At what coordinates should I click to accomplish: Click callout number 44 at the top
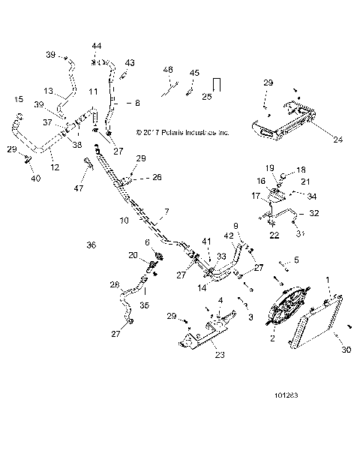pyautogui.click(x=96, y=46)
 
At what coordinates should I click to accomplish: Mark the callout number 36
pyautogui.click(x=91, y=245)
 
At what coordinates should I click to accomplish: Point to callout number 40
pyautogui.click(x=34, y=178)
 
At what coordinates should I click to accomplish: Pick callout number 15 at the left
pyautogui.click(x=18, y=99)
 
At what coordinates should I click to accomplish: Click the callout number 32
pyautogui.click(x=314, y=214)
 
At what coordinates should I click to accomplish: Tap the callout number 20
pyautogui.click(x=133, y=257)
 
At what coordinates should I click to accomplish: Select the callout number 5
pyautogui.click(x=295, y=260)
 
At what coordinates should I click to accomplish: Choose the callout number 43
pyautogui.click(x=130, y=62)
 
